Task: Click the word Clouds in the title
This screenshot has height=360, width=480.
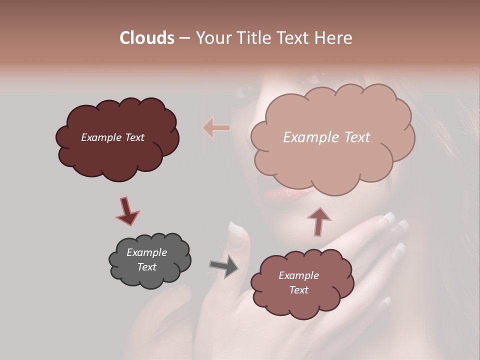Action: (x=146, y=38)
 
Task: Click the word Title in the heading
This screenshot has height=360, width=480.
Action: (x=253, y=38)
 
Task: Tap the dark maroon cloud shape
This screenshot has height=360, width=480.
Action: (x=117, y=150)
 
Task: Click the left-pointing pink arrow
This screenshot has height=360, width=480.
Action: (x=216, y=128)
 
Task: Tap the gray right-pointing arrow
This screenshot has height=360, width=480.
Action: (x=224, y=266)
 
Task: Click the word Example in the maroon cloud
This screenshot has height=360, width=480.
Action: (x=100, y=137)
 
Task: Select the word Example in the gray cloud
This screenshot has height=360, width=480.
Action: (x=146, y=252)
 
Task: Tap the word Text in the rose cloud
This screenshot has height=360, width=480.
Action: (x=298, y=290)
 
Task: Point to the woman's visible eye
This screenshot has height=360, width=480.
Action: (x=247, y=91)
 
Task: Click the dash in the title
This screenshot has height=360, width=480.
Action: (x=184, y=38)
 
